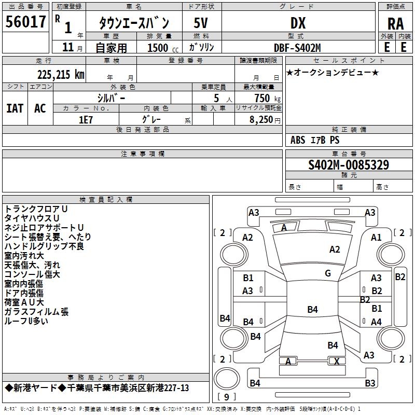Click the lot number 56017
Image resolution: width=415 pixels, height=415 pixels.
[25, 23]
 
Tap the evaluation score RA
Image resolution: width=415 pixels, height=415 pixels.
[395, 24]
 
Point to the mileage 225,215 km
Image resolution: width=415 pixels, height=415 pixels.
[61, 74]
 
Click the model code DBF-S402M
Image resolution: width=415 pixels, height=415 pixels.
[297, 47]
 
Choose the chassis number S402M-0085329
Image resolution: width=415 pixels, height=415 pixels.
[349, 165]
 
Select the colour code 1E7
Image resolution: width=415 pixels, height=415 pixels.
[86, 119]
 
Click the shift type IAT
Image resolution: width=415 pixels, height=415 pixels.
[15, 108]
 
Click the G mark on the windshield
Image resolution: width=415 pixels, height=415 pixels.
[328, 273]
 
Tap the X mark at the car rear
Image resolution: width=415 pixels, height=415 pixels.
[337, 362]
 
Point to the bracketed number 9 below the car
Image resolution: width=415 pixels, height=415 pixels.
[226, 397]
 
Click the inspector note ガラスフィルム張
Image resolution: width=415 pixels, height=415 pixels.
[36, 312]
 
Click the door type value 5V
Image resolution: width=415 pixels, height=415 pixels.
[202, 23]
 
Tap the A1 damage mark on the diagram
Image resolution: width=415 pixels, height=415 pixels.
[377, 237]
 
